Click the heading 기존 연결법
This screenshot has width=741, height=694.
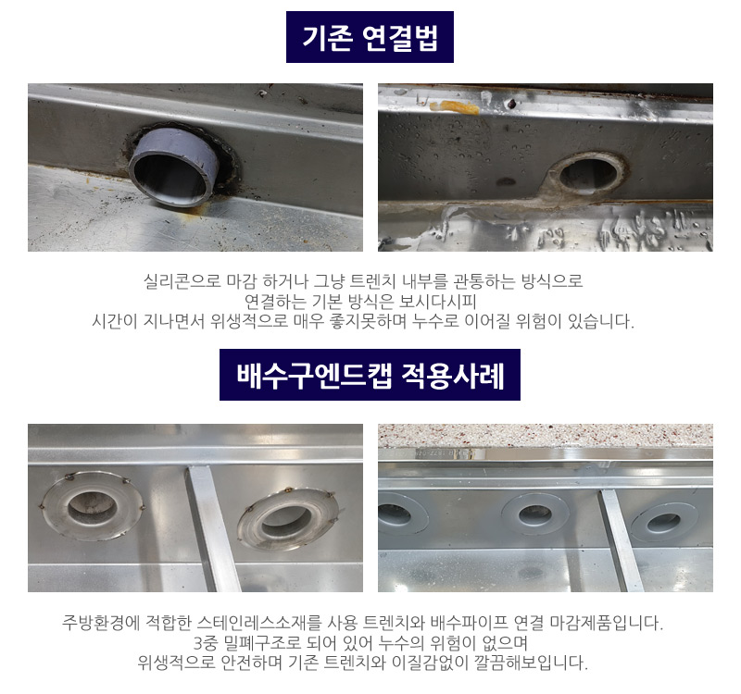(x=370, y=37)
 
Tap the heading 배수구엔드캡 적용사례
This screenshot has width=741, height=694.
(x=370, y=376)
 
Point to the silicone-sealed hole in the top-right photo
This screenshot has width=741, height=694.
(x=588, y=176)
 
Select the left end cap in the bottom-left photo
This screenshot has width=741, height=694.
(x=92, y=505)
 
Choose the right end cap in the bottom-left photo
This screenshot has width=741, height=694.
(x=288, y=518)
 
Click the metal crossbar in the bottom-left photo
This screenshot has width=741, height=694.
(x=213, y=528)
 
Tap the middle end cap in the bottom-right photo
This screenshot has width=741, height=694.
(x=535, y=514)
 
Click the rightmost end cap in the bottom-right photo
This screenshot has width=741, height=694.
(x=664, y=522)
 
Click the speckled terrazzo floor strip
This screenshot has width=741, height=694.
(x=546, y=435)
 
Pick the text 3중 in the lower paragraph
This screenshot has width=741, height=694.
(x=203, y=642)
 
